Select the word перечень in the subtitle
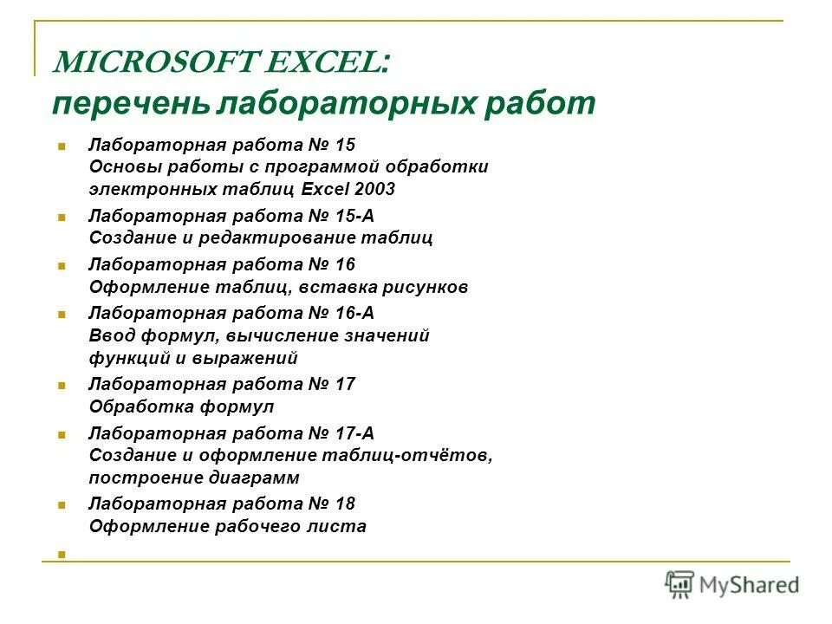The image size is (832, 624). [130, 103]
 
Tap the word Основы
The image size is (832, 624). [118, 166]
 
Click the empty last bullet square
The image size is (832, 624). [62, 552]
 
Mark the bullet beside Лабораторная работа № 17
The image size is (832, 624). [62, 385]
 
